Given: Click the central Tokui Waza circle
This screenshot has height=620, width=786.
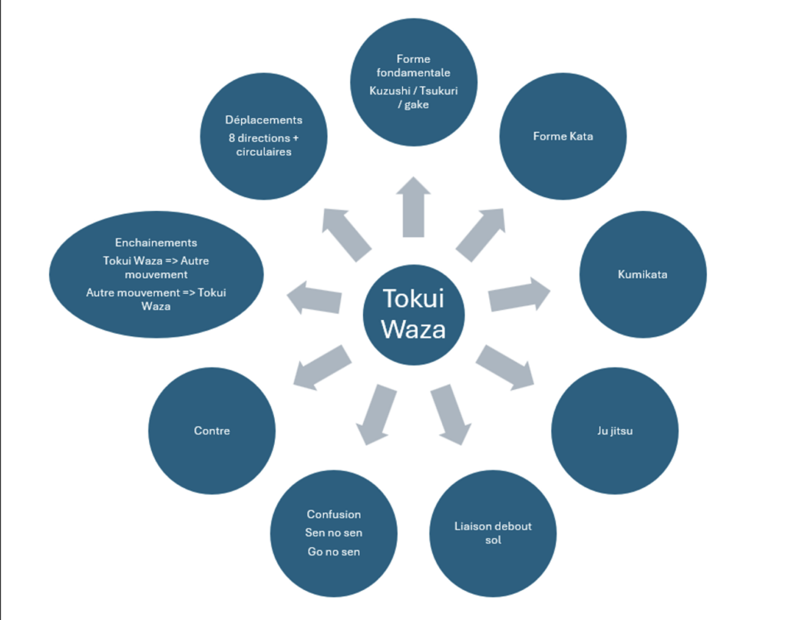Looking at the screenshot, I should coord(414,314).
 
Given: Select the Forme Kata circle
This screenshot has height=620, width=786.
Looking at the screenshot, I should coord(563,137).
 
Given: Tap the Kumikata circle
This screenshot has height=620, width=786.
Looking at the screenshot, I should coord(642,274).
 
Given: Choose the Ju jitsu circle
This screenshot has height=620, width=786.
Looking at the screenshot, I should coord(614,430).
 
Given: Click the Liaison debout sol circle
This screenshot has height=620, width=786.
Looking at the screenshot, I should coord(492,533).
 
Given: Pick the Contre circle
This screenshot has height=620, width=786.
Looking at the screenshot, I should coord(212,430).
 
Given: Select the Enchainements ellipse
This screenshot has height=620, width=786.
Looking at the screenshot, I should coord(157,274).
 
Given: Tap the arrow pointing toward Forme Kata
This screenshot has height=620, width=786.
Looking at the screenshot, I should coord(481,233).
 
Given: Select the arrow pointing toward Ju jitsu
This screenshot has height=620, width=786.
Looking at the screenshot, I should coord(506,366).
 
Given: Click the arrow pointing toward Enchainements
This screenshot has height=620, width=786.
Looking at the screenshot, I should coord(314,297).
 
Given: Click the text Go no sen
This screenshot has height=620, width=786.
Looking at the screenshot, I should coord(334,552).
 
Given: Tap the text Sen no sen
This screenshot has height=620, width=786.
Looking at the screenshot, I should coord(334,533).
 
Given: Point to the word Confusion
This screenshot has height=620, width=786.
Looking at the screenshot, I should coord(334,514).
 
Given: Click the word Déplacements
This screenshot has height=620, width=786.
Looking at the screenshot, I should coord(263,120).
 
